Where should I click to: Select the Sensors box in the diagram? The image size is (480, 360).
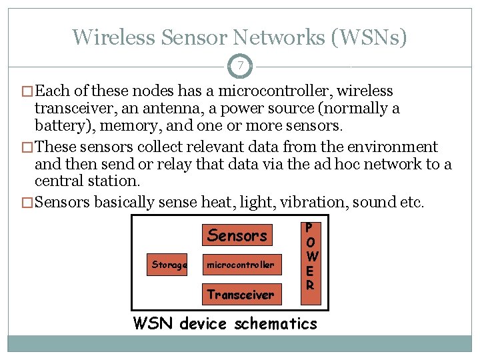(237, 235)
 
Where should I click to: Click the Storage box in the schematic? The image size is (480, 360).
(169, 265)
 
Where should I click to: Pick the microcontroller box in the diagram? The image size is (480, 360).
(240, 265)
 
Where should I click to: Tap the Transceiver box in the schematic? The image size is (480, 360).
(240, 294)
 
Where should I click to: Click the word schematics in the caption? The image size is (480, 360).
(276, 324)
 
